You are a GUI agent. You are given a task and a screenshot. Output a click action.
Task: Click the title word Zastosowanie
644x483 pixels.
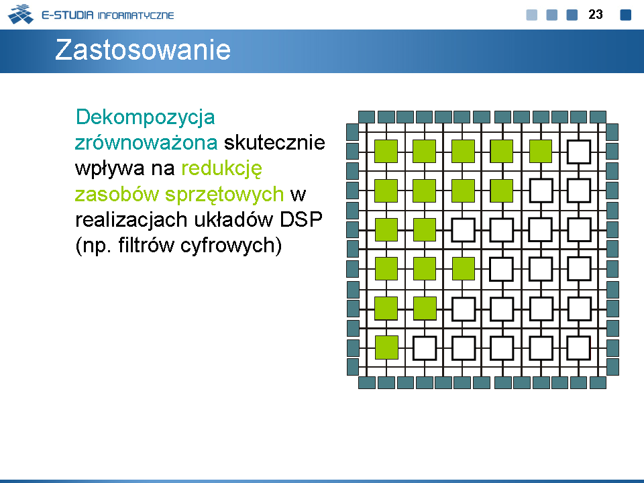142,50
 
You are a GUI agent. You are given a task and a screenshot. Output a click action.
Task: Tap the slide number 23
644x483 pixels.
596,15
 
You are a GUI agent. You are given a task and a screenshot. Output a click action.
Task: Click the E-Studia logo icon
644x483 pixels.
21,14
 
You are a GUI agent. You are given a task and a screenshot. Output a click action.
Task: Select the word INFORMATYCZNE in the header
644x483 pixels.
136,15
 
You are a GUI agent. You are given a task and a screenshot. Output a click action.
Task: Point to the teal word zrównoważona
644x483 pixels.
146,143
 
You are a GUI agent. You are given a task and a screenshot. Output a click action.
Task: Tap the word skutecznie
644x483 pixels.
274,142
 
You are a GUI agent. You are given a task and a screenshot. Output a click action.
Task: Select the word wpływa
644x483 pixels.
109,169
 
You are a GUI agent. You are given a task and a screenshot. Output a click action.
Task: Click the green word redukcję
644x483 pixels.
221,169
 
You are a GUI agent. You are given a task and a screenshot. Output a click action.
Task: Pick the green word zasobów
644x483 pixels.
117,195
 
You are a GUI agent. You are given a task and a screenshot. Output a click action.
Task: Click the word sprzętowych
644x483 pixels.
224,195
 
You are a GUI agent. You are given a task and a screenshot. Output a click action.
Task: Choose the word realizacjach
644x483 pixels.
131,221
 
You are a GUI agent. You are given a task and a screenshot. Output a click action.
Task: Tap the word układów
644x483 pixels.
233,220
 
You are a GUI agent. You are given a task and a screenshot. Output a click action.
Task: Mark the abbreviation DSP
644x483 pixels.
301,220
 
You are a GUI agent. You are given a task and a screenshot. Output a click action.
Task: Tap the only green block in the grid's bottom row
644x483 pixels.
386,347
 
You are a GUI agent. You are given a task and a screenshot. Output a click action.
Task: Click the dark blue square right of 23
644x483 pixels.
625,15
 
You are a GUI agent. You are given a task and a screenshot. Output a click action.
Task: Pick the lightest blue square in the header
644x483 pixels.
531,15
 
